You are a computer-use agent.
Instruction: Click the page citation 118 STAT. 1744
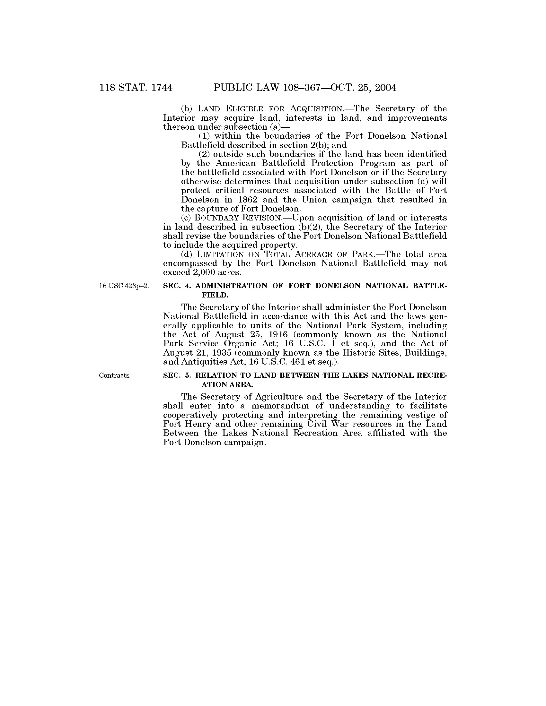[136, 88]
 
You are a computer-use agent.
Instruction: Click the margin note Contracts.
[115, 375]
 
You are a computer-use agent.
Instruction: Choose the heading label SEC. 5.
[178, 375]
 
